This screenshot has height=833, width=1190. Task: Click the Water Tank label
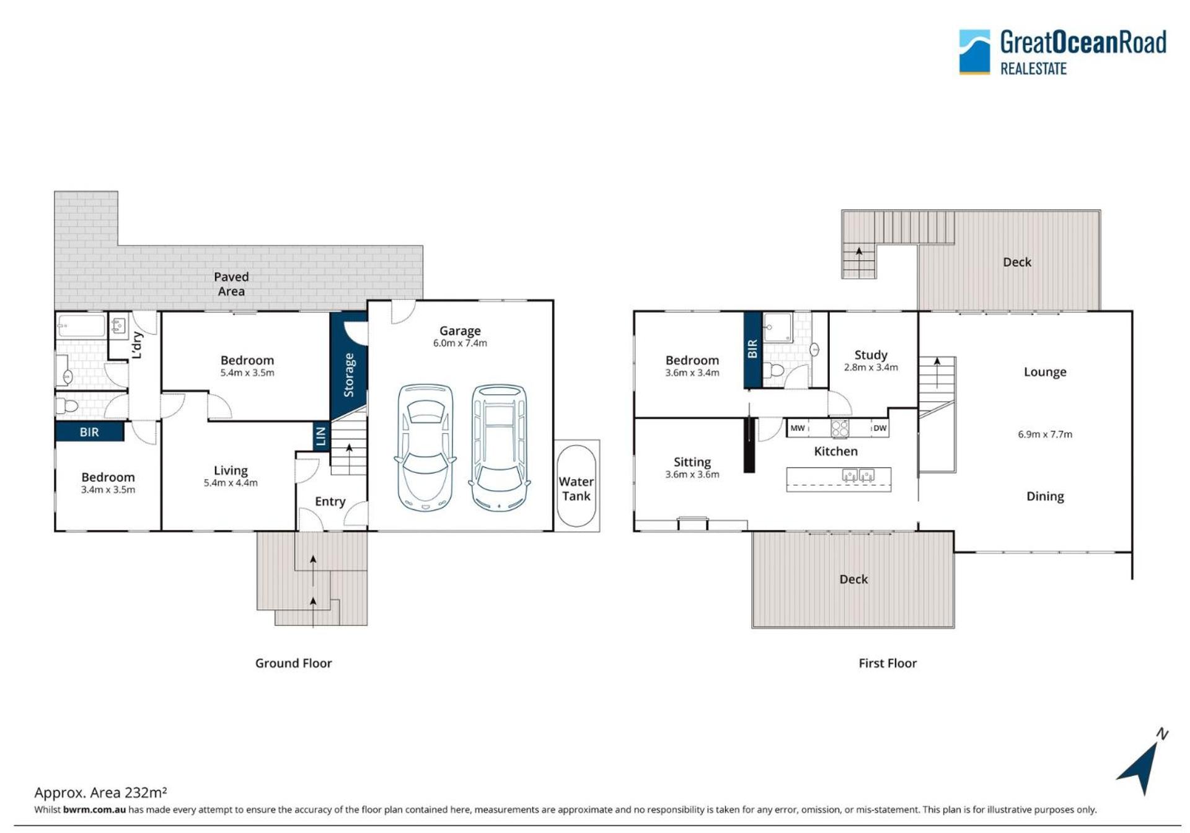(x=576, y=488)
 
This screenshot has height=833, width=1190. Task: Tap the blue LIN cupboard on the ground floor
(x=320, y=436)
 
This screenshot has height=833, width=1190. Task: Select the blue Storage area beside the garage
(x=348, y=366)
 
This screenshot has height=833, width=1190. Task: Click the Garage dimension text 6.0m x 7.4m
(x=460, y=343)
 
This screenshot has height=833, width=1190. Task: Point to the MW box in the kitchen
(x=798, y=428)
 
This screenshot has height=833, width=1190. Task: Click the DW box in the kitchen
(x=879, y=428)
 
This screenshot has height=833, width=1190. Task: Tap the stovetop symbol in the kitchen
(x=840, y=428)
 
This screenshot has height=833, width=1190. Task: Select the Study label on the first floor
(x=871, y=355)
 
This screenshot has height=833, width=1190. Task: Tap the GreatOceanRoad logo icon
(x=974, y=51)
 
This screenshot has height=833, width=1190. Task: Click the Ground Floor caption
(x=294, y=663)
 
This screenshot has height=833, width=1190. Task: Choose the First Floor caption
(x=888, y=663)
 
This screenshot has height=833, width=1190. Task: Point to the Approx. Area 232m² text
(x=100, y=792)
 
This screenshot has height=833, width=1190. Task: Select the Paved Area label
(x=231, y=284)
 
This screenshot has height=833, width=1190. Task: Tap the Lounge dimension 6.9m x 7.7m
(x=1045, y=434)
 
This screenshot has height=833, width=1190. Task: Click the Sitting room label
(x=692, y=462)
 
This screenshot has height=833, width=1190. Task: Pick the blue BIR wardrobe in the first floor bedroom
(x=752, y=350)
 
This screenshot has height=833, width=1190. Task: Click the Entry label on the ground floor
(x=330, y=501)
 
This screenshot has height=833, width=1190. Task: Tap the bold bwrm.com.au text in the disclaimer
(x=94, y=809)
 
